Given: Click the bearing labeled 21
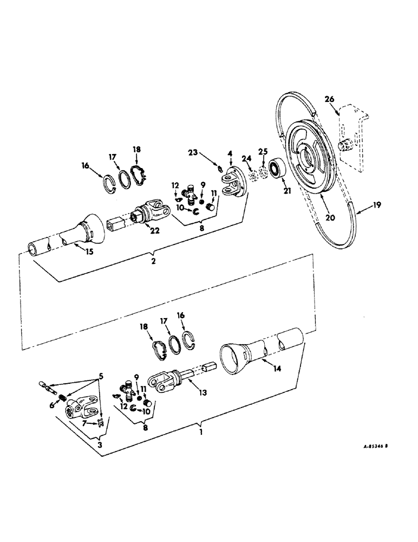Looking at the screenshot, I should pos(278,169).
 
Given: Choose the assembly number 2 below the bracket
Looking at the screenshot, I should pos(154,261).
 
